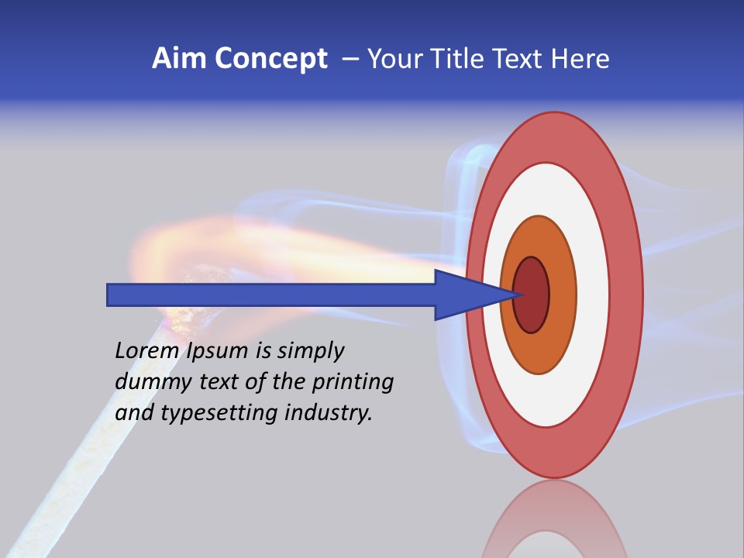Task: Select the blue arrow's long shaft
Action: click(x=271, y=294)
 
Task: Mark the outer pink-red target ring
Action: click(x=628, y=294)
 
